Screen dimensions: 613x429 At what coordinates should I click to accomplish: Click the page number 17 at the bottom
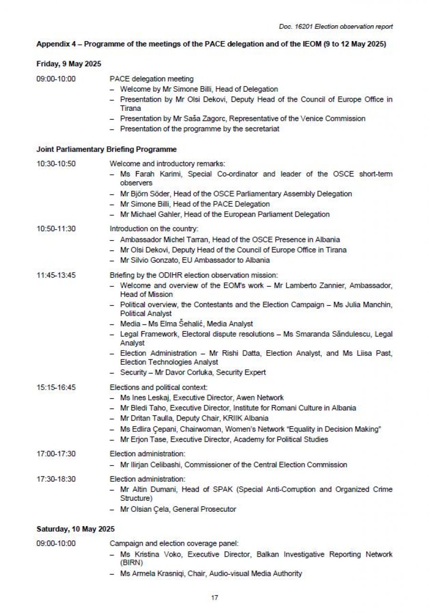point(214,597)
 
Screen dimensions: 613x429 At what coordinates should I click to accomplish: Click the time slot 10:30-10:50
point(56,164)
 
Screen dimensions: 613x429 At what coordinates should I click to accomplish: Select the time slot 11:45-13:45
point(56,275)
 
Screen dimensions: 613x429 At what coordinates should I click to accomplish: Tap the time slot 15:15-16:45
point(56,388)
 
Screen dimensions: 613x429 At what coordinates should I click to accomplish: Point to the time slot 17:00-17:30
point(56,454)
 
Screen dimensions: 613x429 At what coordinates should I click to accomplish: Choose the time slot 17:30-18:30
point(56,479)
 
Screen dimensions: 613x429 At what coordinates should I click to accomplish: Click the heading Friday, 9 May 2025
point(69,63)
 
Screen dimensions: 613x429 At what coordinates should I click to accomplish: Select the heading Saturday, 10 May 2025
point(75,529)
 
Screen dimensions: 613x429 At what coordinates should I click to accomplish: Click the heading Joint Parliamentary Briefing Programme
point(106,149)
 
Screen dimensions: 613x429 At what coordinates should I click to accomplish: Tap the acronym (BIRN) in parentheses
point(132,563)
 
